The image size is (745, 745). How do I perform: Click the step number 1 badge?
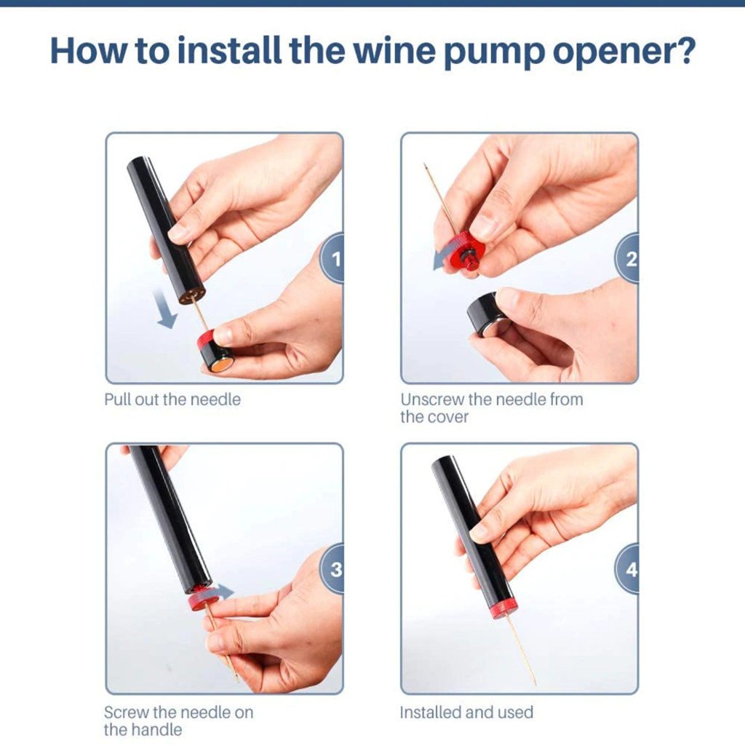click(334, 258)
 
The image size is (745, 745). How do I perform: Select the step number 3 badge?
click(334, 569)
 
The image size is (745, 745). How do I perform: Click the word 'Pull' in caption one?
click(117, 399)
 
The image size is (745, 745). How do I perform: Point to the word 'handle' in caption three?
click(157, 730)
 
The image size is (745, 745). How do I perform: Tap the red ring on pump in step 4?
click(503, 607)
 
